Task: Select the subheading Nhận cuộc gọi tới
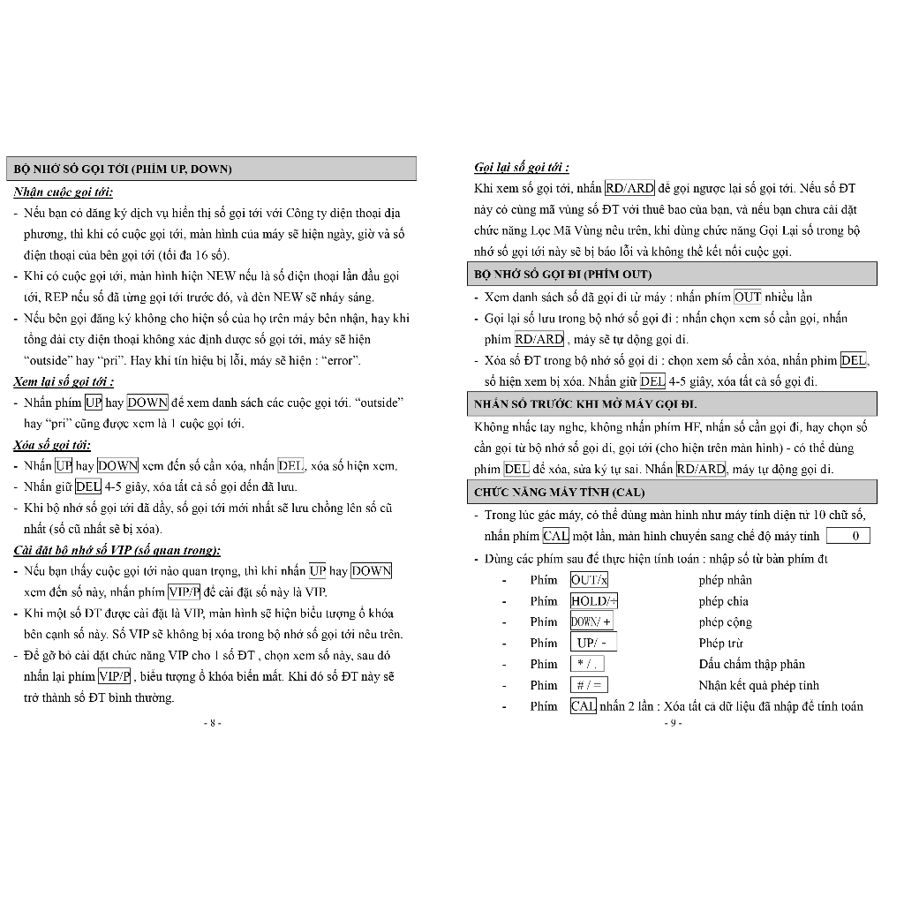(x=64, y=192)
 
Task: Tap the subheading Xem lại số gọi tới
(x=64, y=382)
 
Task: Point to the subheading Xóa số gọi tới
(x=52, y=445)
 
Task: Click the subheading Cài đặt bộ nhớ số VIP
(x=117, y=550)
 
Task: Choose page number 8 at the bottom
(x=212, y=723)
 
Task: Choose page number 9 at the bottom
(x=673, y=723)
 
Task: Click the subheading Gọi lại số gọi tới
(x=522, y=167)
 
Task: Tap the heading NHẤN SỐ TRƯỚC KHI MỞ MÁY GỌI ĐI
(x=585, y=404)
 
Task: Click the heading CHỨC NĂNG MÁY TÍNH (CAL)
(x=559, y=492)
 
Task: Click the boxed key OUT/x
(x=589, y=580)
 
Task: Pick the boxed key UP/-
(x=593, y=643)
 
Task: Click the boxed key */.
(x=588, y=664)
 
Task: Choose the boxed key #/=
(x=589, y=685)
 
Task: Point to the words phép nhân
(x=725, y=580)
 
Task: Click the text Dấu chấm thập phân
(x=751, y=664)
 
